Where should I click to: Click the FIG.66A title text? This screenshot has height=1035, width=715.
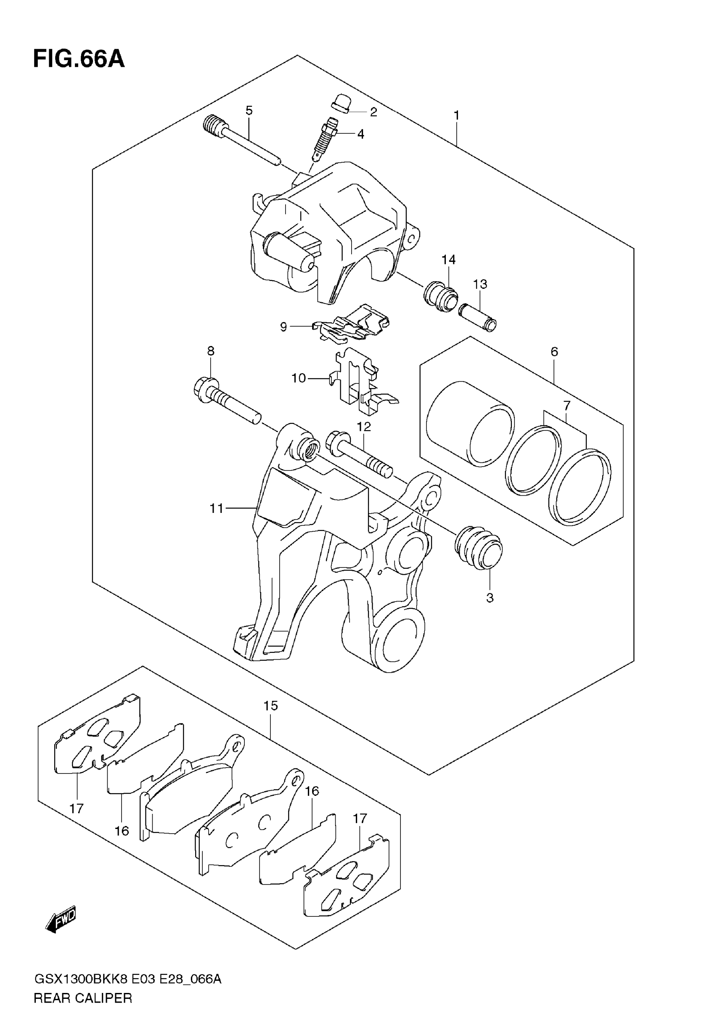click(79, 59)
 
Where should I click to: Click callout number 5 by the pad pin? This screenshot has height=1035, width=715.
click(249, 110)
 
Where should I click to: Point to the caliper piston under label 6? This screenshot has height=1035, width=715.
click(470, 423)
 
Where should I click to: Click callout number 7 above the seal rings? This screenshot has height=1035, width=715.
click(567, 406)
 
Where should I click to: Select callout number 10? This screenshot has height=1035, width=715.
click(298, 378)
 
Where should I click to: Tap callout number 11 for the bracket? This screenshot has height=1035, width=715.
click(216, 508)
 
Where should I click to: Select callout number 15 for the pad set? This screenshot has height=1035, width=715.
click(270, 706)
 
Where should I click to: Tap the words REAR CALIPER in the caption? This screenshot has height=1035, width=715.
click(83, 998)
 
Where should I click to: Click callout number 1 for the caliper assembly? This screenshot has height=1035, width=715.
click(456, 116)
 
